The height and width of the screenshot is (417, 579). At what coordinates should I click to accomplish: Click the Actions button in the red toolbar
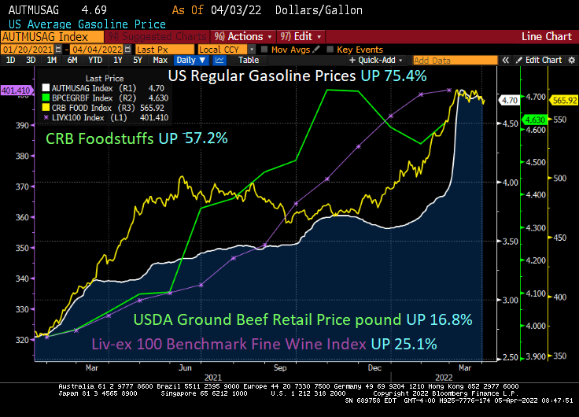[x=244, y=36]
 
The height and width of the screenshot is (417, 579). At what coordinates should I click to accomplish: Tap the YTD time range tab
[x=94, y=60]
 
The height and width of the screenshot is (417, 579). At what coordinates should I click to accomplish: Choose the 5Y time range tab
[x=137, y=60]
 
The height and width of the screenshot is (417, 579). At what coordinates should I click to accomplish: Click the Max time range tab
[x=160, y=60]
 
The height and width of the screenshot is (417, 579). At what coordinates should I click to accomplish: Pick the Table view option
[x=248, y=60]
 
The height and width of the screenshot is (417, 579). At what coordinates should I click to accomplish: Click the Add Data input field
[x=455, y=60]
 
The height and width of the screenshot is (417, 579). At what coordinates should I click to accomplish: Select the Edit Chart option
[x=543, y=60]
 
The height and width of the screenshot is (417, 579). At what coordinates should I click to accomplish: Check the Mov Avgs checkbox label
[x=288, y=49]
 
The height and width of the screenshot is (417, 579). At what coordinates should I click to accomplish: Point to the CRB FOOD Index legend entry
[x=89, y=107]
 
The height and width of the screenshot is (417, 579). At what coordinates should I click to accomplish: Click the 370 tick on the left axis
[x=22, y=186]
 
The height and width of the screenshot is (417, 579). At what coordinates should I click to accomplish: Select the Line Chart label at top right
[x=547, y=36]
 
